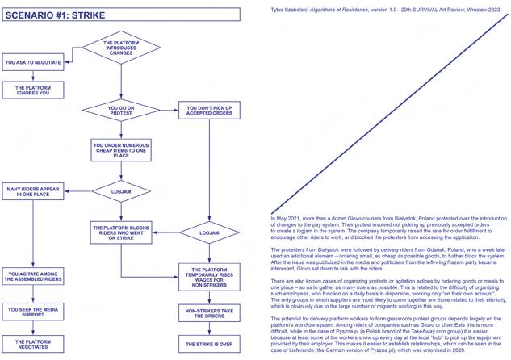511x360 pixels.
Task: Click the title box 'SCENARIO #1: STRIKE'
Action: [x=121, y=15]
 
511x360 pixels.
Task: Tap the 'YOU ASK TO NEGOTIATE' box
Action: [x=33, y=61]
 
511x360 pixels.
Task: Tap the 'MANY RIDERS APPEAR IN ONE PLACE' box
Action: [x=33, y=191]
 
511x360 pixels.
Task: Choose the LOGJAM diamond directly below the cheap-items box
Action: [x=120, y=191]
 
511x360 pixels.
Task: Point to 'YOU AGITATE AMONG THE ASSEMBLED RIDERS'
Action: [x=33, y=276]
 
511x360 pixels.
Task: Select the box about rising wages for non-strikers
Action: [x=210, y=276]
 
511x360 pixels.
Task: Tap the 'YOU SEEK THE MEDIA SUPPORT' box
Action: [x=33, y=310]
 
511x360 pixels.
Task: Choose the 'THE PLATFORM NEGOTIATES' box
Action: [x=33, y=343]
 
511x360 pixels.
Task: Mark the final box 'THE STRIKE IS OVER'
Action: [x=210, y=343]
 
